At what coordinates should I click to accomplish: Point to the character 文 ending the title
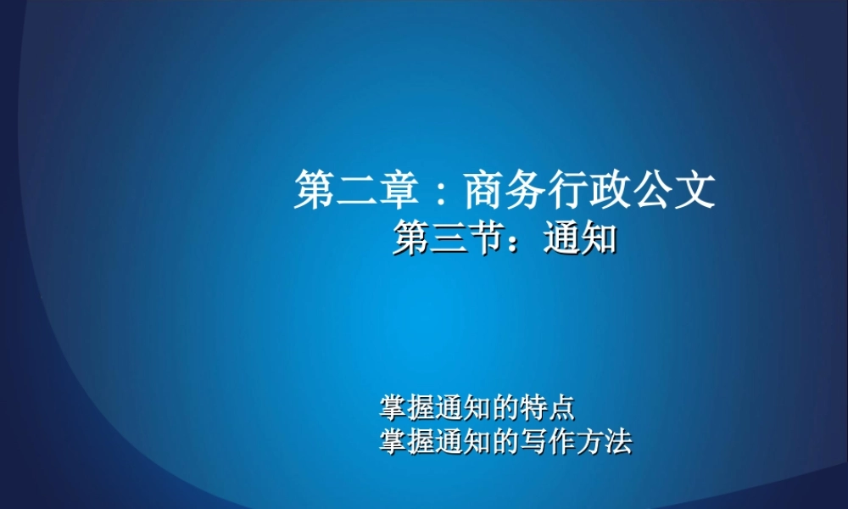pyautogui.click(x=695, y=189)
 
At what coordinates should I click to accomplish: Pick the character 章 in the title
pyautogui.click(x=399, y=189)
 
